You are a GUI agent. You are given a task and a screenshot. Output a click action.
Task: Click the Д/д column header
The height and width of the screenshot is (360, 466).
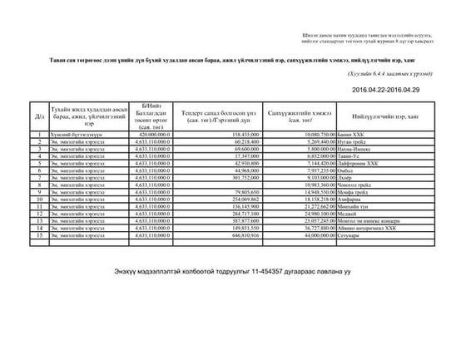(40, 116)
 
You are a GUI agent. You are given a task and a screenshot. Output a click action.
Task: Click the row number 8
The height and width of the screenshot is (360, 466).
(40, 185)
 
